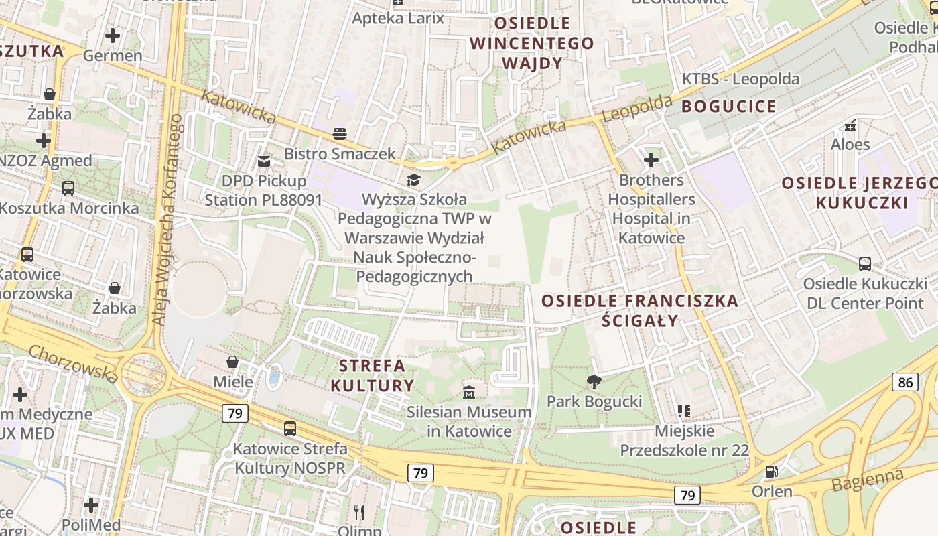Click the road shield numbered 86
click(x=904, y=383)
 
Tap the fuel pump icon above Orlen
click(x=772, y=472)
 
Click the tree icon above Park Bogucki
click(x=594, y=382)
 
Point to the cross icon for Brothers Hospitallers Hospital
click(x=651, y=160)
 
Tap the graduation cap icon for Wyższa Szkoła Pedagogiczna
click(x=413, y=180)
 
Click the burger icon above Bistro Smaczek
click(x=340, y=134)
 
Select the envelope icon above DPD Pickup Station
click(x=264, y=161)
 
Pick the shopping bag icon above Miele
click(x=232, y=362)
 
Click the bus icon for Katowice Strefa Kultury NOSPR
click(x=289, y=429)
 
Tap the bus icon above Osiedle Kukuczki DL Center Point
click(x=864, y=264)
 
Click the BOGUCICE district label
click(x=729, y=107)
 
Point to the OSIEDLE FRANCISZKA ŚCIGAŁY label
click(x=639, y=310)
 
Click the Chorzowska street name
click(x=74, y=364)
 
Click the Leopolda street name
click(x=636, y=109)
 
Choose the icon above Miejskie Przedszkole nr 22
click(x=683, y=411)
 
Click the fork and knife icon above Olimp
click(x=359, y=513)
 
